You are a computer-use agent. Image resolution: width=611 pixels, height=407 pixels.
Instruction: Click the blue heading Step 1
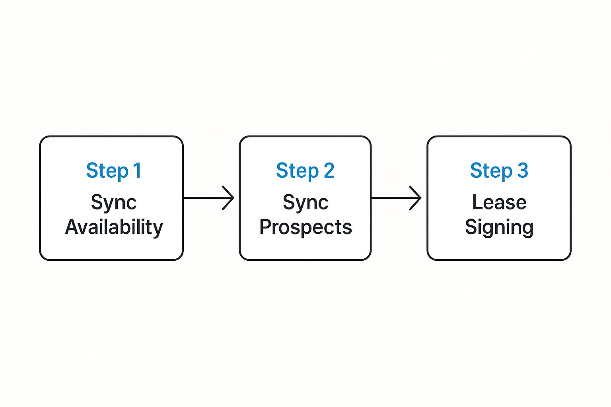click(114, 171)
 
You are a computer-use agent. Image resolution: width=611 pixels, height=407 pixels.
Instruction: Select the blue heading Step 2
click(305, 171)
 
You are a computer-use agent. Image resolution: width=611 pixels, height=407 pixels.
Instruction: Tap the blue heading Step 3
click(499, 171)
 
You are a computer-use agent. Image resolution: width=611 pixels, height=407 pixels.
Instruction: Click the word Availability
click(114, 227)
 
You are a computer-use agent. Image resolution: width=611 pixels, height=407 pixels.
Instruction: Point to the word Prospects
click(305, 227)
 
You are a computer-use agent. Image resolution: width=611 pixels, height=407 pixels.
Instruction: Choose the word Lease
click(499, 202)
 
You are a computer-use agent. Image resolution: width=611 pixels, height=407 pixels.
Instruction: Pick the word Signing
click(499, 227)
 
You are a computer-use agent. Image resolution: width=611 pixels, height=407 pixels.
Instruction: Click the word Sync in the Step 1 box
click(114, 203)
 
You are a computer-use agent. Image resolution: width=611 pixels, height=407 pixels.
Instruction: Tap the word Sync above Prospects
click(305, 203)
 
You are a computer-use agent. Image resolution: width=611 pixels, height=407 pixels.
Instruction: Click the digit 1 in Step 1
click(137, 171)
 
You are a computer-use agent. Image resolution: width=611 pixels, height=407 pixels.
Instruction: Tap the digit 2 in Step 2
click(329, 171)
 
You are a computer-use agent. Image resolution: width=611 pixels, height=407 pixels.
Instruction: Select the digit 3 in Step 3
click(522, 171)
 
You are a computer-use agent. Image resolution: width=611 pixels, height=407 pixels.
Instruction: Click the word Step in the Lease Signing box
click(491, 171)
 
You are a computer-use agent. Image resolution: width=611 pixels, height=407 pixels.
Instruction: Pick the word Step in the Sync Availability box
click(107, 171)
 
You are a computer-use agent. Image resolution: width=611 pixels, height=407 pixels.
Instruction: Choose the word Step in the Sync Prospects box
click(297, 171)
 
